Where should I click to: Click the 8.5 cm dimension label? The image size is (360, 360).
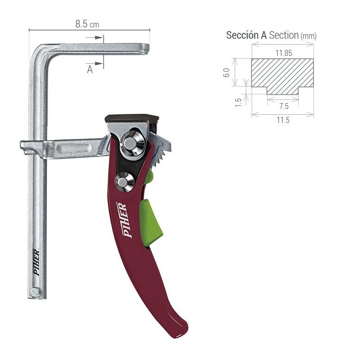(87, 24)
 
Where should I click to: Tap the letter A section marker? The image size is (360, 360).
(90, 69)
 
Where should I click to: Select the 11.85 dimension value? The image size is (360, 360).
(284, 53)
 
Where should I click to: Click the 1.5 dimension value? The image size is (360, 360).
(239, 102)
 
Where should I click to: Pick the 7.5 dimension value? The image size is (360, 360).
(283, 106)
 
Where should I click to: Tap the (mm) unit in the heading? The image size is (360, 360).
(308, 36)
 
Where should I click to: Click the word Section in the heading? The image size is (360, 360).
(284, 35)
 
